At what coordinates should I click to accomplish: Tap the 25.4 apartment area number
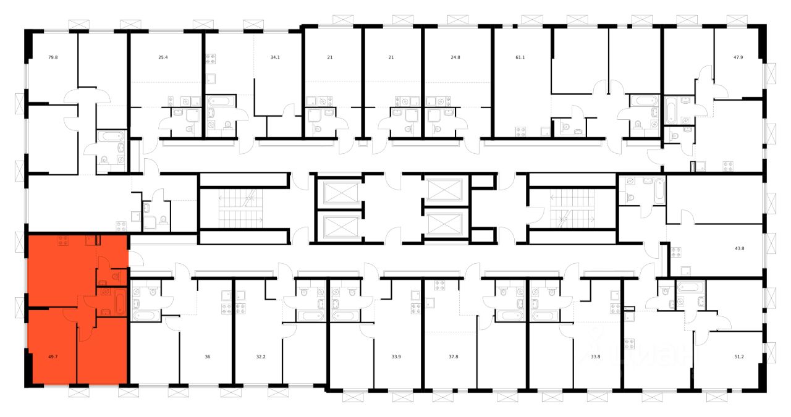pos(163,57)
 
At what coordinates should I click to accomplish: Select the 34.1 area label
pos(275,57)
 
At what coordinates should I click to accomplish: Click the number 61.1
pos(520,57)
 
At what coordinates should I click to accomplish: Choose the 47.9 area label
pos(738,57)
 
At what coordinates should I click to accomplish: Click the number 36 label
pos(208,356)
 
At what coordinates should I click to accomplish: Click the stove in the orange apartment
pos(63,242)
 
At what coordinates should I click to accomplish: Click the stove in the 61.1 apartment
pos(521,131)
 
